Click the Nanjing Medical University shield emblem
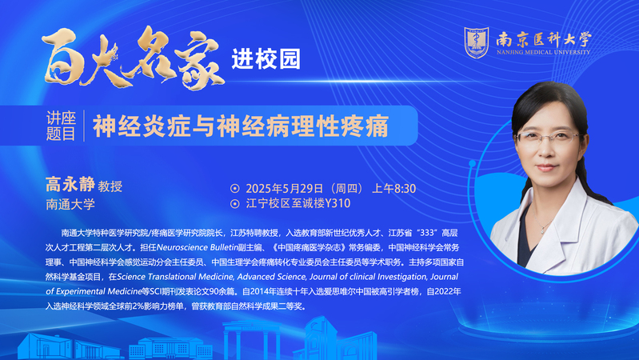pyautogui.click(x=477, y=42)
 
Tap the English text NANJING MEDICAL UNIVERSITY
pyautogui.click(x=543, y=52)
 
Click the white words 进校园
pyautogui.click(x=266, y=59)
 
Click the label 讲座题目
pyautogui.click(x=61, y=126)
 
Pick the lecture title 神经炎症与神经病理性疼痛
pyautogui.click(x=241, y=126)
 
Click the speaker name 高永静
pyautogui.click(x=70, y=184)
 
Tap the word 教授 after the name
pyautogui.click(x=110, y=186)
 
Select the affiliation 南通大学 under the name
pyautogui.click(x=70, y=204)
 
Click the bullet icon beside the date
pyautogui.click(x=235, y=188)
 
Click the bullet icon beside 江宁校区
pyautogui.click(x=235, y=203)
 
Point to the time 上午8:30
pyautogui.click(x=393, y=188)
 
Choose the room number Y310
pyautogui.click(x=337, y=203)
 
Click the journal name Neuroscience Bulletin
pyautogui.click(x=198, y=247)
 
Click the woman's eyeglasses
pyautogui.click(x=547, y=138)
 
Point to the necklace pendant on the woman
pyautogui.click(x=543, y=230)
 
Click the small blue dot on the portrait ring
pyautogui.click(x=473, y=163)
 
